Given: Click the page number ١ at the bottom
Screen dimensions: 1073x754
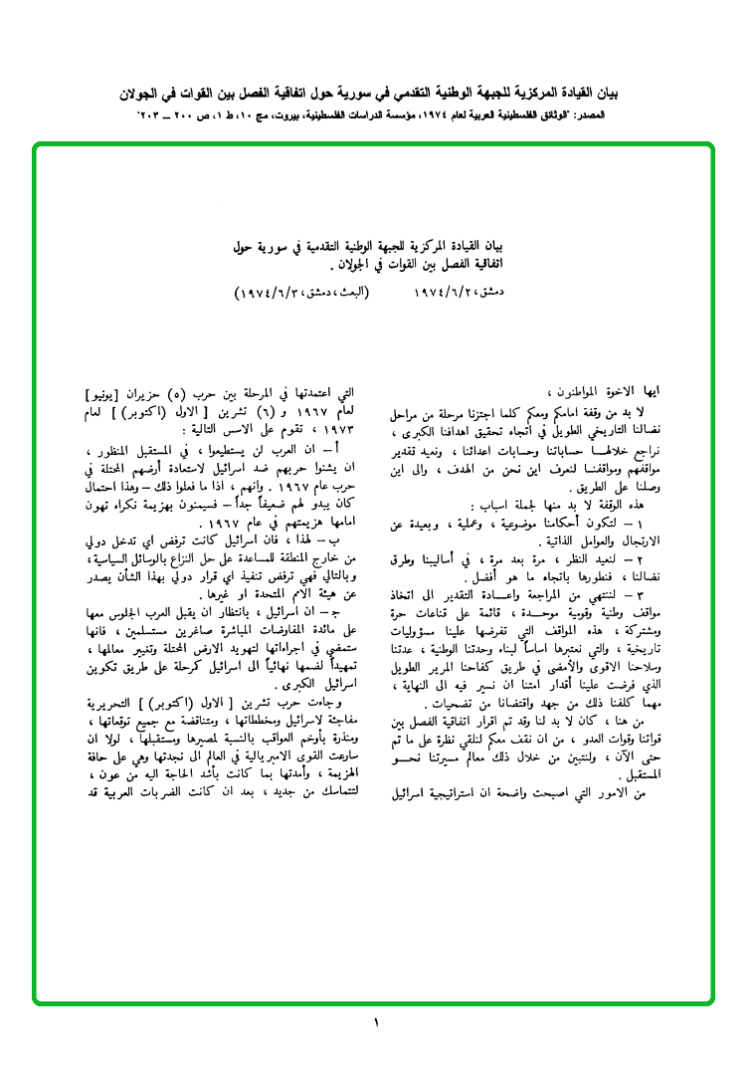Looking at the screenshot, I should point(377,1023).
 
